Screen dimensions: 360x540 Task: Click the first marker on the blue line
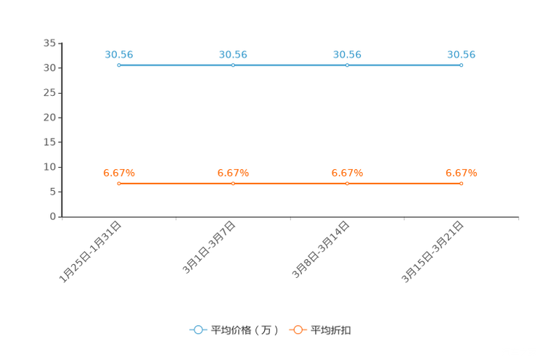pyautogui.click(x=119, y=65)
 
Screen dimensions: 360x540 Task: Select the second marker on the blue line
pyautogui.click(x=233, y=65)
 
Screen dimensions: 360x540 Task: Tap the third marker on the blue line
pyautogui.click(x=347, y=65)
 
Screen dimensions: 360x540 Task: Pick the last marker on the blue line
pyautogui.click(x=462, y=65)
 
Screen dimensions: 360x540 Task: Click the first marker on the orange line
pyautogui.click(x=119, y=184)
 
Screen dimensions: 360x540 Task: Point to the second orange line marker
pyautogui.click(x=233, y=184)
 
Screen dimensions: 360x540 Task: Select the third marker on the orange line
pyautogui.click(x=347, y=184)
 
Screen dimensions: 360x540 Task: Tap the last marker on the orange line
pyautogui.click(x=462, y=184)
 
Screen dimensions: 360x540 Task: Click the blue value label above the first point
pyautogui.click(x=119, y=54)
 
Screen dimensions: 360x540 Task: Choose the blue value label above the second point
pyautogui.click(x=233, y=54)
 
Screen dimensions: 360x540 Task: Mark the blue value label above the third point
pyautogui.click(x=347, y=54)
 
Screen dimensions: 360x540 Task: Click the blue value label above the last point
pyautogui.click(x=462, y=54)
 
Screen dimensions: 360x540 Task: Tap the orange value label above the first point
pyautogui.click(x=119, y=173)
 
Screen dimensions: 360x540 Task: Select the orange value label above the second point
pyautogui.click(x=233, y=173)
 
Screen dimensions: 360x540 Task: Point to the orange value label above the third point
pyautogui.click(x=347, y=173)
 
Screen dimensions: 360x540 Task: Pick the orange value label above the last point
pyautogui.click(x=462, y=173)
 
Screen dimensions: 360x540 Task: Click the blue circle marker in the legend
pyautogui.click(x=198, y=330)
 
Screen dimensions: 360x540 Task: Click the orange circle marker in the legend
pyautogui.click(x=298, y=330)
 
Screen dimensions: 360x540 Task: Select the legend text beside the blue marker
pyautogui.click(x=244, y=330)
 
